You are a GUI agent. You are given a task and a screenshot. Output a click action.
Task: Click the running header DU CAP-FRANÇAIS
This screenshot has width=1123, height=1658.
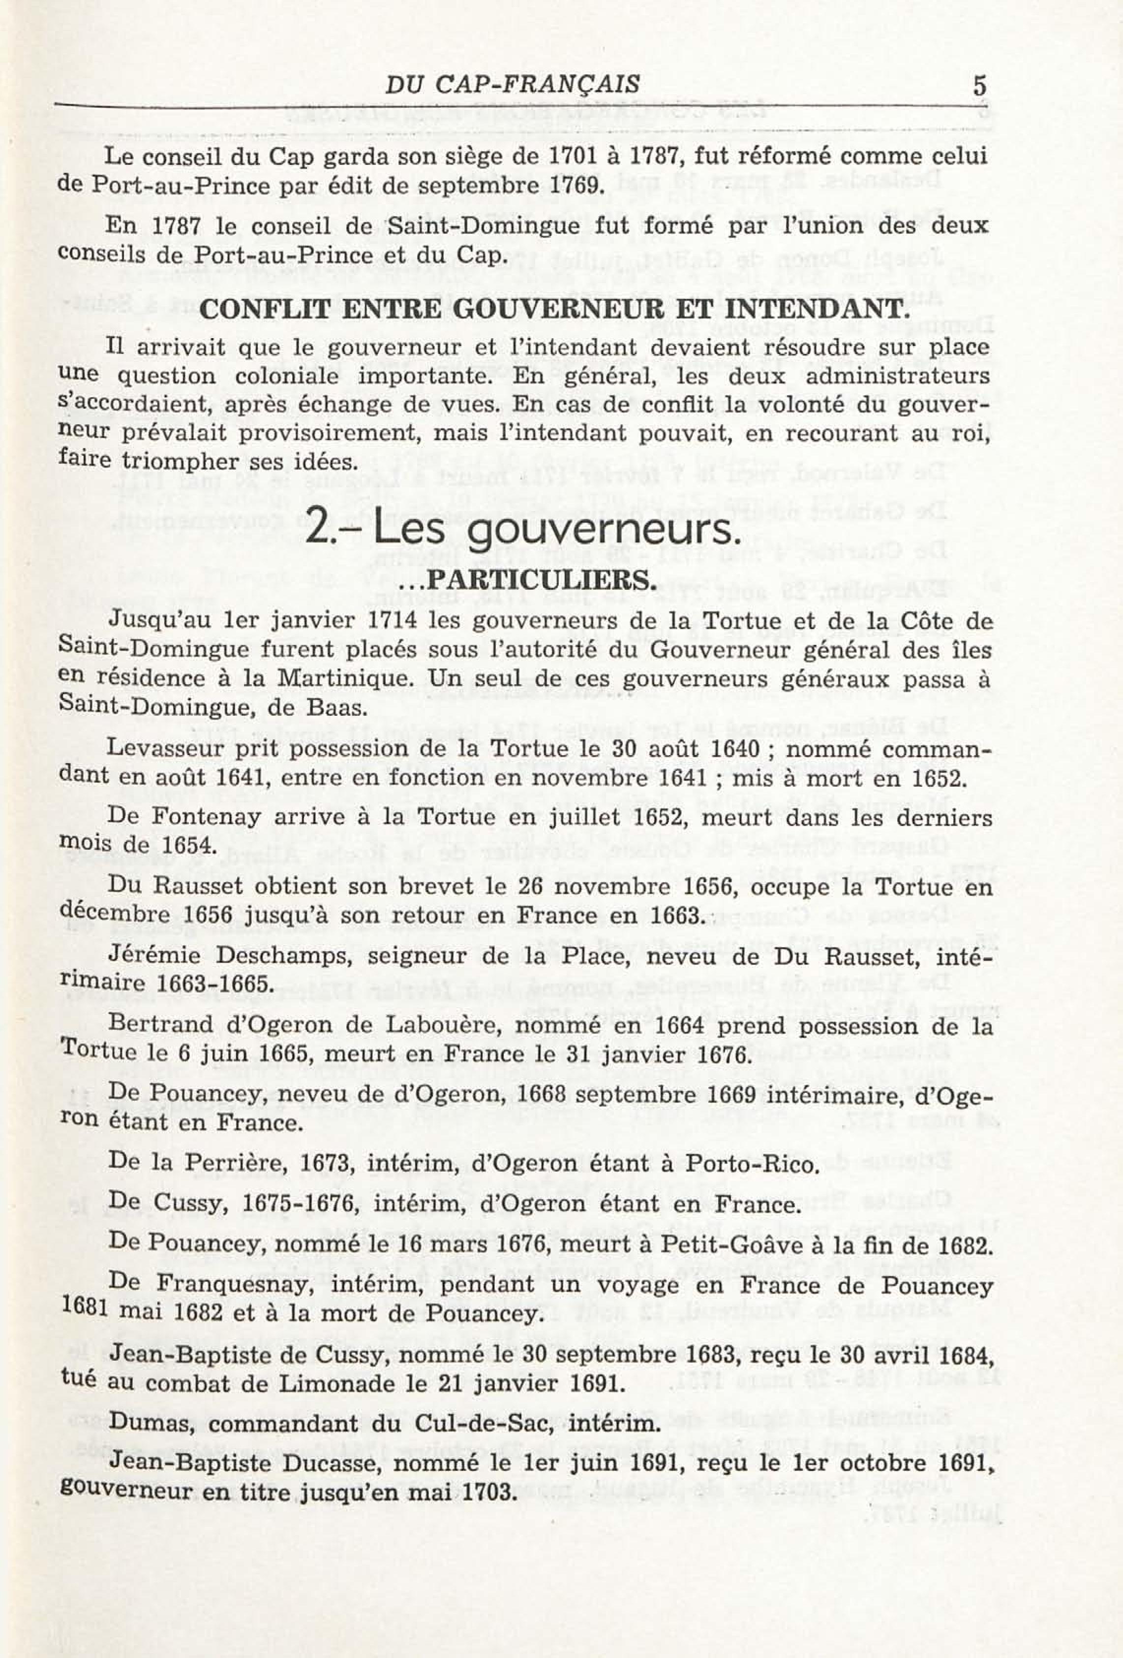512,85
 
